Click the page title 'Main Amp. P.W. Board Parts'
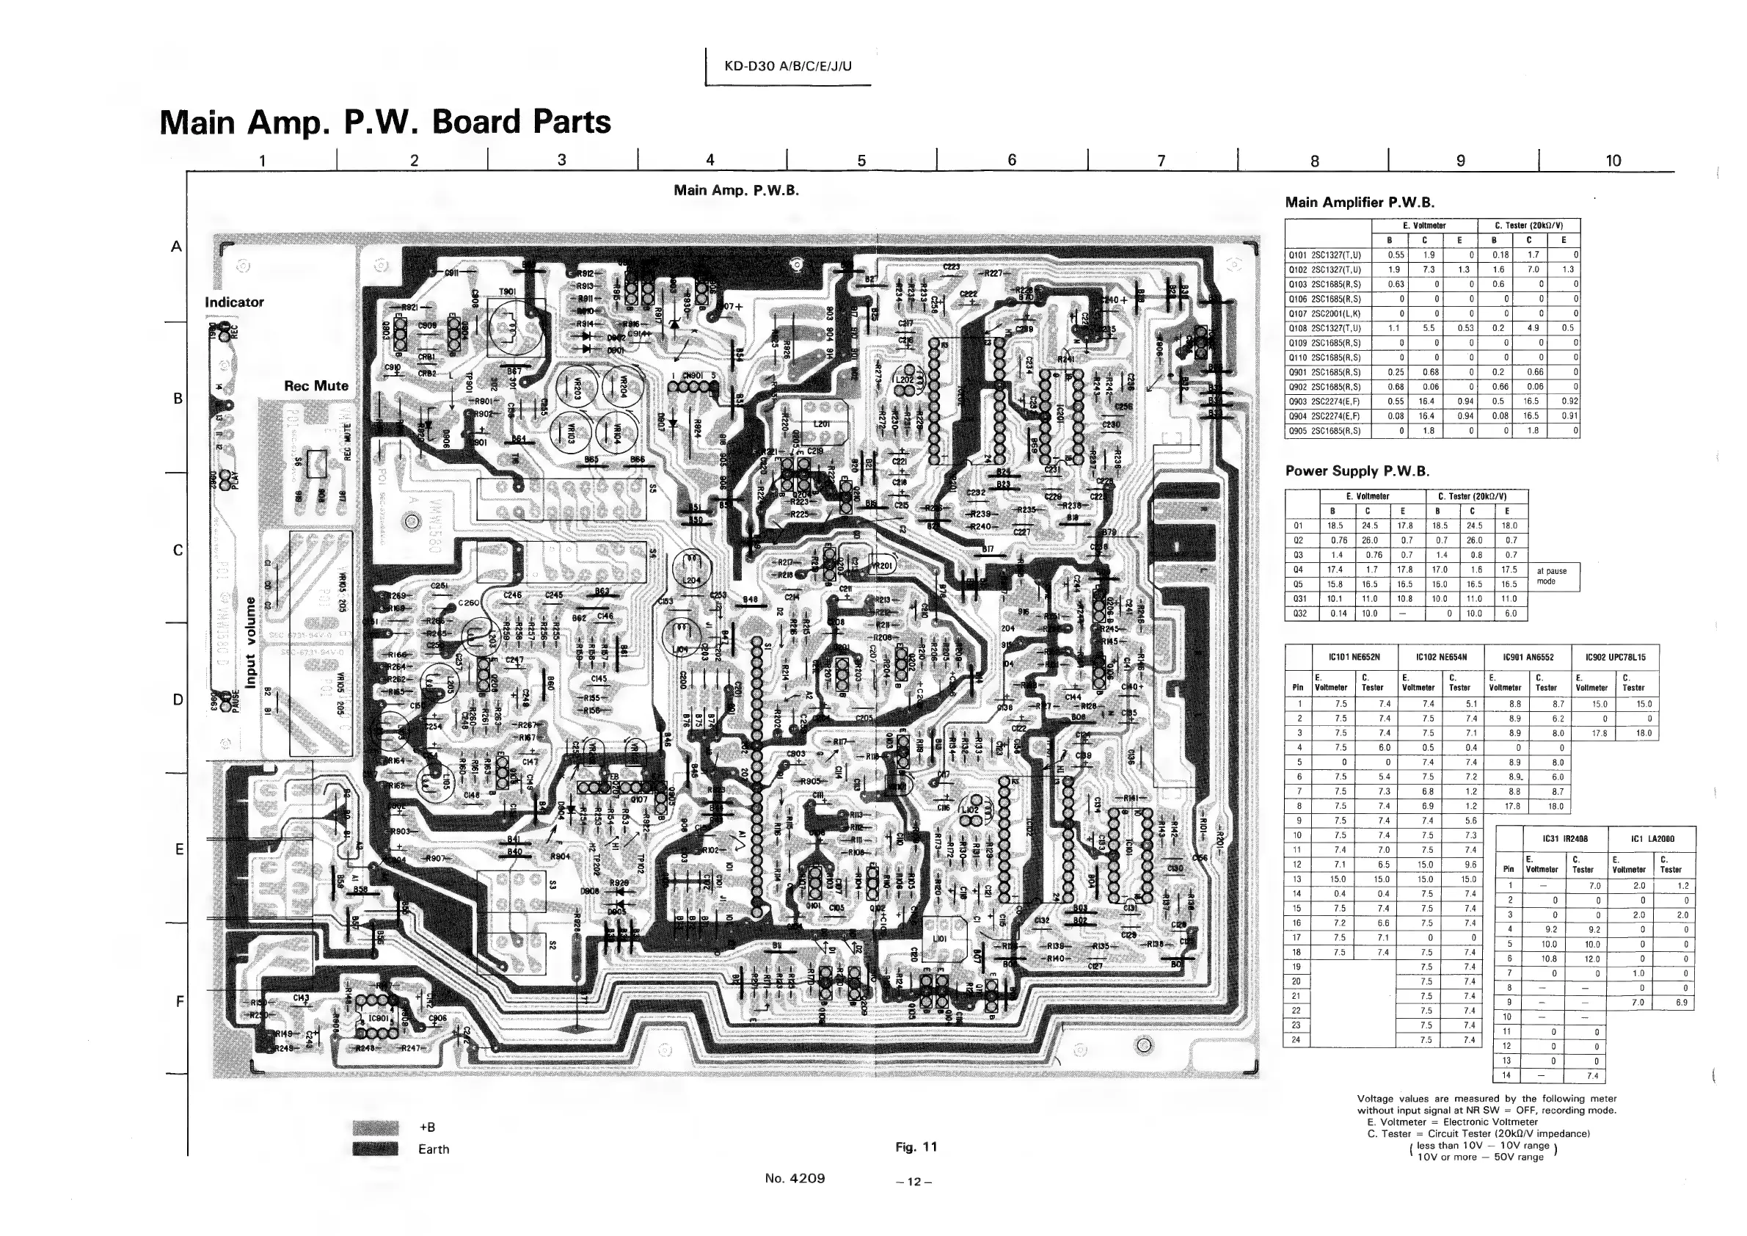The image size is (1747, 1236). click(x=385, y=123)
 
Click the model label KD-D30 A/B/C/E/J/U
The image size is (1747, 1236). click(x=787, y=66)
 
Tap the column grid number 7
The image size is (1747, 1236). click(x=1161, y=161)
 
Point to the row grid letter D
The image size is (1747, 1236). click(x=178, y=699)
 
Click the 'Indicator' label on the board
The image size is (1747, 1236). click(x=234, y=302)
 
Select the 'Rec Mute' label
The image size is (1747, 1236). click(x=316, y=386)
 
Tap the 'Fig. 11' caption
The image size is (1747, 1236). click(x=916, y=1147)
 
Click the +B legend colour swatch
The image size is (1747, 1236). click(x=376, y=1127)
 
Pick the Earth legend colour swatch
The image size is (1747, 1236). click(x=376, y=1149)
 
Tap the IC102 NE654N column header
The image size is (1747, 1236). click(x=1440, y=657)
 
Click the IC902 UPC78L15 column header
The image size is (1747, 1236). click(x=1615, y=657)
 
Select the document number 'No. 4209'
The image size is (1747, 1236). click(x=795, y=1178)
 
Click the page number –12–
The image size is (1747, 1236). click(x=913, y=1182)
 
